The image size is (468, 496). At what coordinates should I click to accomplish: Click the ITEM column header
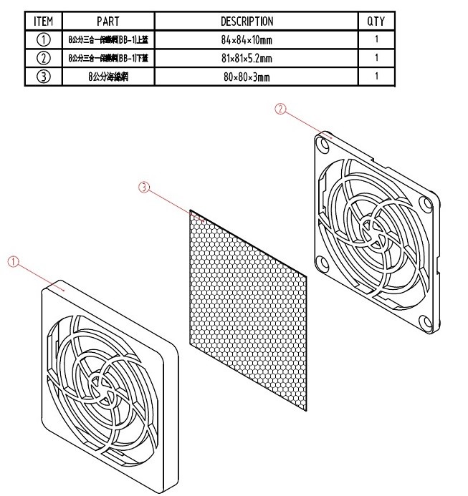pyautogui.click(x=43, y=21)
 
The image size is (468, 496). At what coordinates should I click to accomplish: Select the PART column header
pyautogui.click(x=108, y=21)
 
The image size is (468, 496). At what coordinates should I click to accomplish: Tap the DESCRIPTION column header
pyautogui.click(x=247, y=21)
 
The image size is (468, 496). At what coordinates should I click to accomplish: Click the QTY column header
pyautogui.click(x=376, y=21)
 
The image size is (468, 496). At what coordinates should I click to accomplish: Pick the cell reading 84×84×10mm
pyautogui.click(x=247, y=40)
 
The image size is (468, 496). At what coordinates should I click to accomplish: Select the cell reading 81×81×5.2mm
pyautogui.click(x=247, y=58)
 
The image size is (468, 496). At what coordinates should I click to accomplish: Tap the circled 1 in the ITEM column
pyautogui.click(x=43, y=40)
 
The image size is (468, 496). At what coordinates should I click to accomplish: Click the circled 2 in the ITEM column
pyautogui.click(x=43, y=58)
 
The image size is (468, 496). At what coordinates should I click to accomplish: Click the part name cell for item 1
pyautogui.click(x=108, y=40)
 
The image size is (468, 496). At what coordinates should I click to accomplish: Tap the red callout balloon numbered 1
pyautogui.click(x=13, y=262)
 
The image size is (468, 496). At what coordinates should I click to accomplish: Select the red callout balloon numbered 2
pyautogui.click(x=281, y=109)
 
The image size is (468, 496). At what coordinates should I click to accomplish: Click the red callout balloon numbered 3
pyautogui.click(x=143, y=188)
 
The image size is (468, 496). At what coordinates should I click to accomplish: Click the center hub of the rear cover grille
pyautogui.click(x=374, y=231)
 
